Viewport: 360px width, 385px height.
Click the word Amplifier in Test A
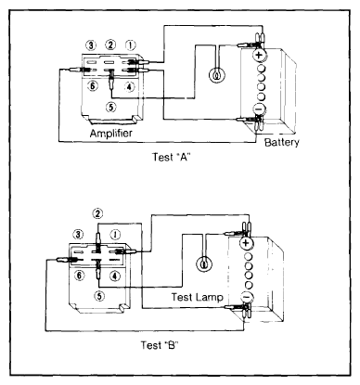point(110,134)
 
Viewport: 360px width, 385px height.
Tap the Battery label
point(282,142)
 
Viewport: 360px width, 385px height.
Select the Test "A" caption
point(171,157)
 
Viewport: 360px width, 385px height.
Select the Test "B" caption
point(160,345)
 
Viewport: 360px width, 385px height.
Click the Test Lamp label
point(198,297)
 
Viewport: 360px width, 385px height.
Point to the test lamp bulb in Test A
point(217,75)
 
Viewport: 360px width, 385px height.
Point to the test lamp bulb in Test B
point(204,264)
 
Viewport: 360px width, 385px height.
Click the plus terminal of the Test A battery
point(259,56)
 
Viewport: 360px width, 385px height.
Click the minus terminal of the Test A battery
point(259,109)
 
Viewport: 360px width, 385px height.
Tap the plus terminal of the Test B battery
point(247,243)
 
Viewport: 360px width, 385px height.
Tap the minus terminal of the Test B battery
point(247,297)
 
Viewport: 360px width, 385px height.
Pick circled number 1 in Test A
point(131,45)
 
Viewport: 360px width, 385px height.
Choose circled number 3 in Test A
point(91,45)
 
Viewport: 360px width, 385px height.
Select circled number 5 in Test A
point(111,107)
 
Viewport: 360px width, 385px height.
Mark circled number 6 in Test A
point(92,85)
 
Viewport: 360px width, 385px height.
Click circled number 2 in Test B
point(97,213)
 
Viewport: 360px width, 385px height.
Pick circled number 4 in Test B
point(115,276)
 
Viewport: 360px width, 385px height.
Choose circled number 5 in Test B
point(99,296)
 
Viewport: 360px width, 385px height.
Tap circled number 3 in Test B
point(78,235)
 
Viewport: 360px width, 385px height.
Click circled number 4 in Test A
point(130,86)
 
